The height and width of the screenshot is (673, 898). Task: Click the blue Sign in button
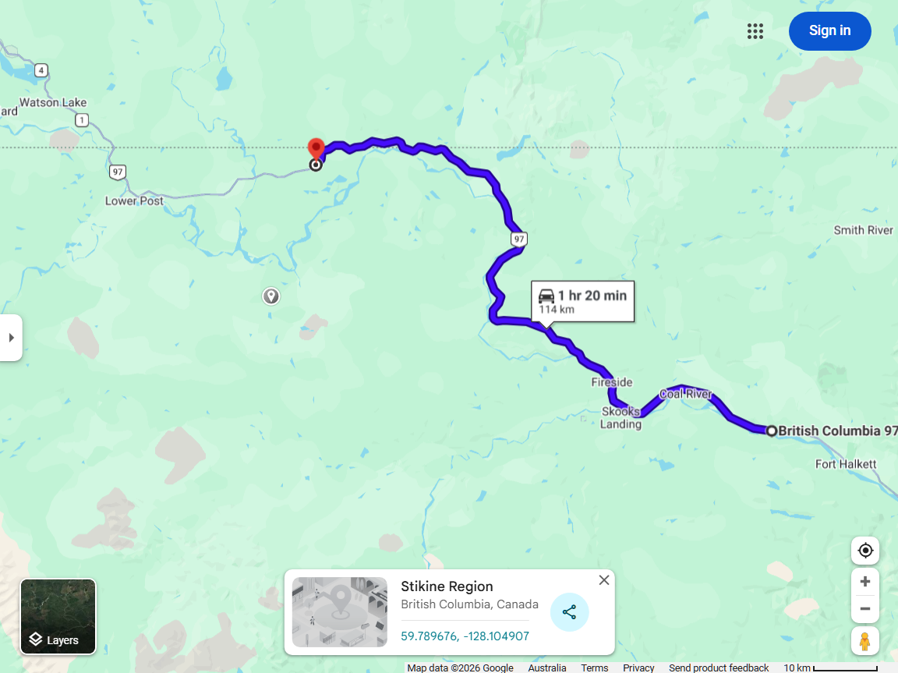(x=829, y=31)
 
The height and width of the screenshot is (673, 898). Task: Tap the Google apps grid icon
(x=755, y=31)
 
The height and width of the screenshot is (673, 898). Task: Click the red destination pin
(x=316, y=149)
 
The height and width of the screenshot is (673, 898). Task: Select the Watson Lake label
(x=53, y=102)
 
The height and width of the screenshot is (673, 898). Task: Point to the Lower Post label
(x=134, y=200)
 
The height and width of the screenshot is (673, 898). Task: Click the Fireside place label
(x=612, y=382)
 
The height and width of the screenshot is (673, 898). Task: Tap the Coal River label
(x=686, y=394)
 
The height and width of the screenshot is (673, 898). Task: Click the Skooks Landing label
(x=620, y=418)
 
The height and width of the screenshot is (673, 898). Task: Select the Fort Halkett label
(x=846, y=464)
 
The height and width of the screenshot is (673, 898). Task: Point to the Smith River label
(x=864, y=230)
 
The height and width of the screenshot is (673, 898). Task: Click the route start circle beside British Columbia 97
(x=771, y=430)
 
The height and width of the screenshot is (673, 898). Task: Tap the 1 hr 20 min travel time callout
(x=582, y=301)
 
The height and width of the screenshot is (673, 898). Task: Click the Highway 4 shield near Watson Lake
(x=41, y=70)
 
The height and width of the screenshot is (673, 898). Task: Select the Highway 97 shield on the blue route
(x=519, y=238)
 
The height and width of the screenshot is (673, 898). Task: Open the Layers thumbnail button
(x=58, y=617)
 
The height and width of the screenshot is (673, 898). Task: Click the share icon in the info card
(x=569, y=612)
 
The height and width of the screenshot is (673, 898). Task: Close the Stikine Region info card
(x=604, y=580)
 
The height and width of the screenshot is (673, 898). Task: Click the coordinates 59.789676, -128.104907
(x=465, y=636)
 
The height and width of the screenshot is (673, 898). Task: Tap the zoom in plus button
(x=864, y=582)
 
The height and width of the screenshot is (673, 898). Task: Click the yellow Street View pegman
(x=864, y=641)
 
